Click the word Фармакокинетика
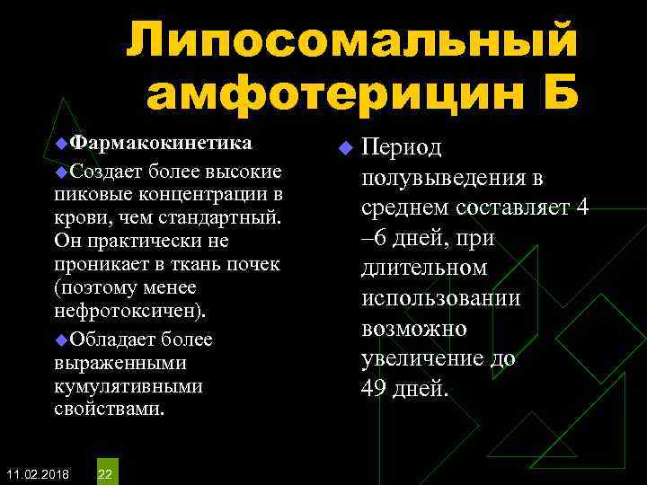162,144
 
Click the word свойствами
109,409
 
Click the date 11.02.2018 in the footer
36,473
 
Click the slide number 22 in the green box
105,473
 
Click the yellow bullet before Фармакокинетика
61,145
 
